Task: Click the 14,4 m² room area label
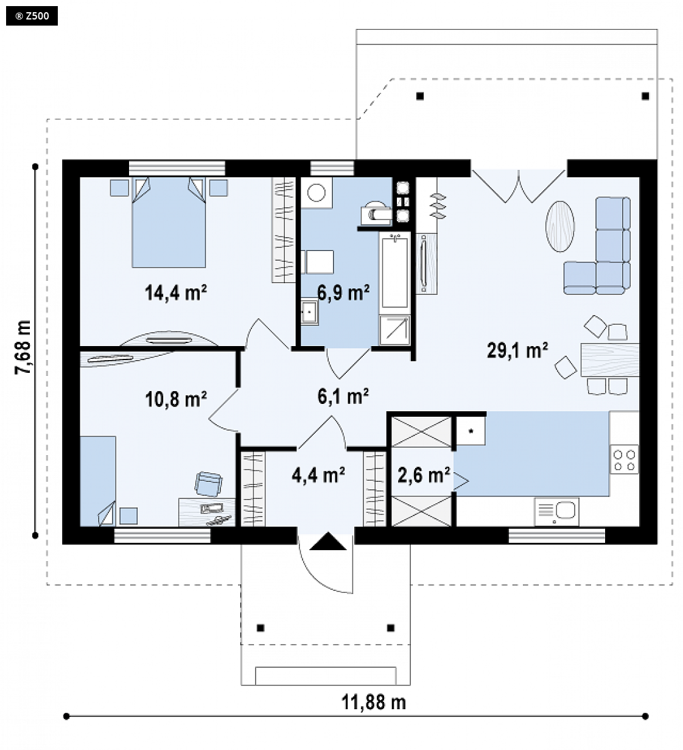click(x=175, y=292)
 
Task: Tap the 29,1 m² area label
click(x=517, y=350)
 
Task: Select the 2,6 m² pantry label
click(x=424, y=475)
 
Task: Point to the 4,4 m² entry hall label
click(x=318, y=475)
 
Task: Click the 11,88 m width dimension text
click(x=374, y=702)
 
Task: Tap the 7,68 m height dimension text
click(x=23, y=347)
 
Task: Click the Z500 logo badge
click(x=32, y=16)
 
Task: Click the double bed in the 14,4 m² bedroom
click(x=169, y=222)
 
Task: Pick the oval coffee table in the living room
click(x=560, y=226)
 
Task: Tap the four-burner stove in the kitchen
click(x=625, y=460)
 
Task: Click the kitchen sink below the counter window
click(x=557, y=511)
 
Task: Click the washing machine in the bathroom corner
click(x=317, y=193)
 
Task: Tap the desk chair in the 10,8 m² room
click(x=208, y=484)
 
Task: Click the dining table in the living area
click(x=610, y=359)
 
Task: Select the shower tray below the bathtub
click(x=394, y=330)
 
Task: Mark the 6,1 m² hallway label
click(x=343, y=396)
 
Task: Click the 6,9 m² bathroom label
click(x=343, y=292)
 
